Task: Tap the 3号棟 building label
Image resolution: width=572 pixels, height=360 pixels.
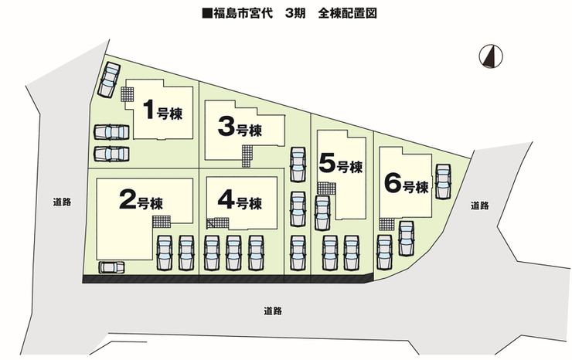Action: pyautogui.click(x=239, y=128)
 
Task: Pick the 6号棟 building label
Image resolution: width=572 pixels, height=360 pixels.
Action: pyautogui.click(x=406, y=185)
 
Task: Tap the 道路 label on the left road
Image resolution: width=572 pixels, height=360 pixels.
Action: pyautogui.click(x=63, y=202)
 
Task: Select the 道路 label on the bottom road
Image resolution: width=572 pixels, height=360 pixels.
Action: pyautogui.click(x=272, y=311)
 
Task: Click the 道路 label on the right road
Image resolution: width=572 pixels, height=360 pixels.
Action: pyautogui.click(x=479, y=205)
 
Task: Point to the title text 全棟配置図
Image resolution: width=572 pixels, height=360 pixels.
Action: pyautogui.click(x=347, y=13)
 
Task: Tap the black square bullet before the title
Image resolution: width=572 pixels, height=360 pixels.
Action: pyautogui.click(x=206, y=13)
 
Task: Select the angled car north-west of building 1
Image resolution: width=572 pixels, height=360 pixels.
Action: pyautogui.click(x=109, y=79)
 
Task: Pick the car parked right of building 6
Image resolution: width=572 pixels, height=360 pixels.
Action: pyautogui.click(x=443, y=180)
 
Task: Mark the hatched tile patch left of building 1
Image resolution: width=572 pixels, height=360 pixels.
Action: pyautogui.click(x=127, y=93)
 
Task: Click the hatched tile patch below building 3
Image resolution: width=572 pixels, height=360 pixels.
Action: pyautogui.click(x=247, y=156)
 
